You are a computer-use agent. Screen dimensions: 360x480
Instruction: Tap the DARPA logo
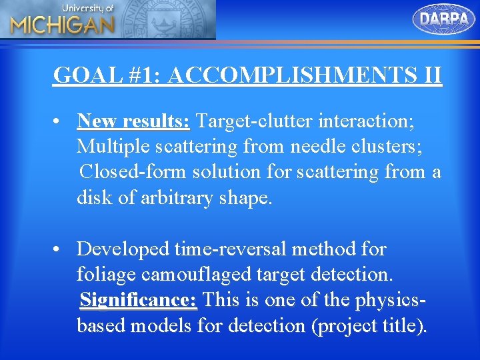pyautogui.click(x=444, y=19)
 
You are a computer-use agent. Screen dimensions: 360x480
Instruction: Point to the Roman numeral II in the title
pyautogui.click(x=431, y=75)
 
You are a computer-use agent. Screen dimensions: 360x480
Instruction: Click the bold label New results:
pyautogui.click(x=134, y=121)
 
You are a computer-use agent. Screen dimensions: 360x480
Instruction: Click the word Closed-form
pyautogui.click(x=134, y=172)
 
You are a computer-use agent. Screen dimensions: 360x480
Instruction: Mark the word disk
pyautogui.click(x=94, y=198)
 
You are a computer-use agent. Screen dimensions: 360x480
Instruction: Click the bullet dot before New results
pyautogui.click(x=60, y=122)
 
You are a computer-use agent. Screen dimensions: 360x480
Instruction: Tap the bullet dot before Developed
pyautogui.click(x=60, y=249)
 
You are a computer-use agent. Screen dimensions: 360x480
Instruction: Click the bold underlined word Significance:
pyautogui.click(x=138, y=300)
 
